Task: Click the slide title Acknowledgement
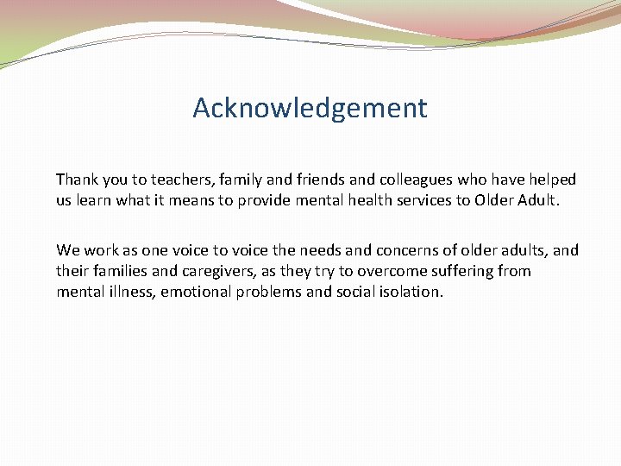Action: tap(310, 109)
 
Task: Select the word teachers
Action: tap(182, 179)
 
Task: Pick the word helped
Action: tap(551, 179)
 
